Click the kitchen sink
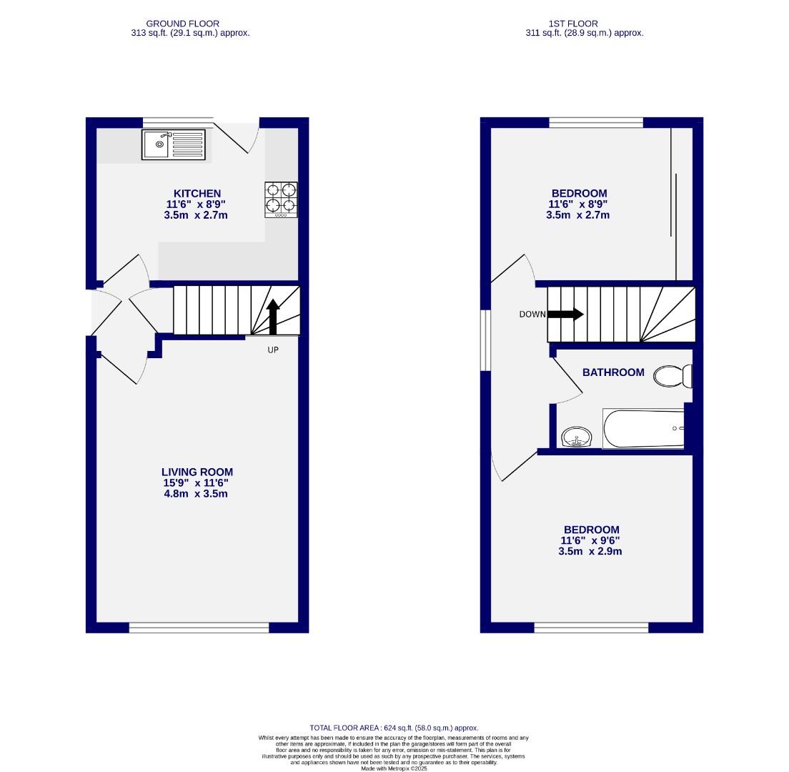click(174, 144)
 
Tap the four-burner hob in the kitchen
click(281, 199)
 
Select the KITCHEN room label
click(197, 193)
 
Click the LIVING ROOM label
click(197, 472)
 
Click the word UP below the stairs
click(273, 350)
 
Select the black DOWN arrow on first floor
click(566, 314)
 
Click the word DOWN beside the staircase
click(532, 315)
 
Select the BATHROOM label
click(613, 372)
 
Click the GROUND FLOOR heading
click(183, 24)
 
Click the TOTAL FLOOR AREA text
click(394, 728)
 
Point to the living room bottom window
click(199, 628)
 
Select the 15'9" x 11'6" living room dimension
click(197, 483)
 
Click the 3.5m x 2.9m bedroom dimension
click(590, 552)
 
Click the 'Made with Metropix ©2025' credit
click(394, 768)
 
